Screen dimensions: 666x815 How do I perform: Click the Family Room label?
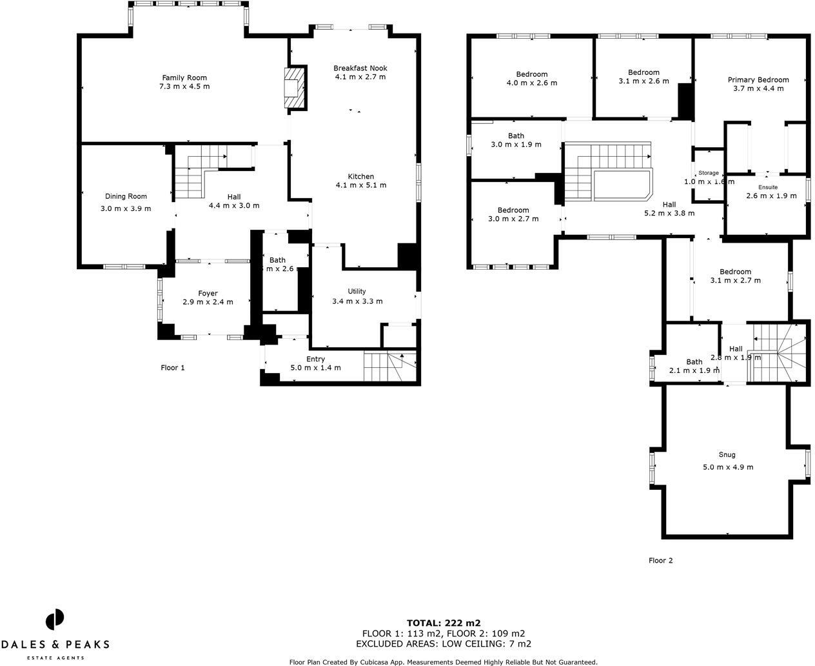(x=184, y=77)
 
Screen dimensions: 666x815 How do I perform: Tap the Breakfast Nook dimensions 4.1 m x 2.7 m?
(x=360, y=77)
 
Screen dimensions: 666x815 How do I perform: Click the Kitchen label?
(x=360, y=176)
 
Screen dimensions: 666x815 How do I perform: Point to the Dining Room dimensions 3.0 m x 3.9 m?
(x=126, y=208)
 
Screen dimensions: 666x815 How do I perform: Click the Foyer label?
(x=208, y=293)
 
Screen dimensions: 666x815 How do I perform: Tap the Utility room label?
(x=357, y=292)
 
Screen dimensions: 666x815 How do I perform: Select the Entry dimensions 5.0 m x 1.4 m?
(x=315, y=368)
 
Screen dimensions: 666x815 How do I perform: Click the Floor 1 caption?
(x=173, y=368)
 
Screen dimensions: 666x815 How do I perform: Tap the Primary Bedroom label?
(x=758, y=80)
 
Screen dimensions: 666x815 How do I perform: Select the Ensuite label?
(x=767, y=187)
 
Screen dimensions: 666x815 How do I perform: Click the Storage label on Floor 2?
(x=709, y=173)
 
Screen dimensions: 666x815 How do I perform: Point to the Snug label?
(x=727, y=454)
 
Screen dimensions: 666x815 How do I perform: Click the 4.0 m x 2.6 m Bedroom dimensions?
(x=532, y=83)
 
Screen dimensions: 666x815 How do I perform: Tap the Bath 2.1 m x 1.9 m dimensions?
(x=694, y=370)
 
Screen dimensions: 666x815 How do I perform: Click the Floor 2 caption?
(x=660, y=560)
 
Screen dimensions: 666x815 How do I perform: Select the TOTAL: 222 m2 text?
(x=444, y=623)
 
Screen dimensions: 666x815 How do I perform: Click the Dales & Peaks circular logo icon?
(x=55, y=620)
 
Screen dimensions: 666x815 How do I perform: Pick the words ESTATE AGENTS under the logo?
(x=55, y=658)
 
